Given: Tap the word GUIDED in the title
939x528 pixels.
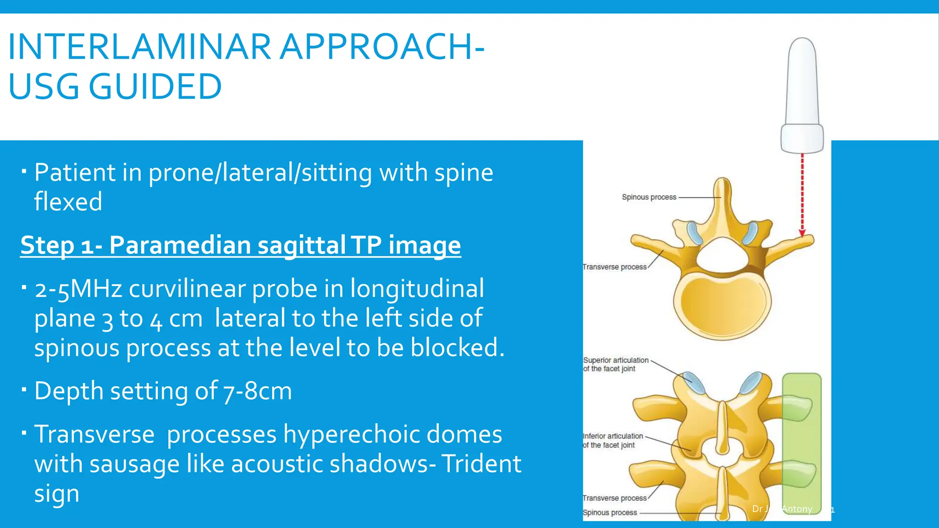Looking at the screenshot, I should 155,87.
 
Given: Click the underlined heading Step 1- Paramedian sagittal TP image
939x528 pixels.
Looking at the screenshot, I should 240,245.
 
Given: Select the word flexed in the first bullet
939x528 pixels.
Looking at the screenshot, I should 68,202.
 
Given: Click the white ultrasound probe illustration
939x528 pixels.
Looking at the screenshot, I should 802,96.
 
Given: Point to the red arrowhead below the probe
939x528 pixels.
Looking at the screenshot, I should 802,234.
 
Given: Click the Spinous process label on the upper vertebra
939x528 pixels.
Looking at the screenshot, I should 649,197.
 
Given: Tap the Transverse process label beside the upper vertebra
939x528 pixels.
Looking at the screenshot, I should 614,267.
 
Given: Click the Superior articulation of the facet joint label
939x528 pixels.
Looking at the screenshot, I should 615,364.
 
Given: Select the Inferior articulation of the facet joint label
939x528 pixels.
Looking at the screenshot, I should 613,440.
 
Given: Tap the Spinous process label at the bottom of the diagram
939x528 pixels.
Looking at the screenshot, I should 610,512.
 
